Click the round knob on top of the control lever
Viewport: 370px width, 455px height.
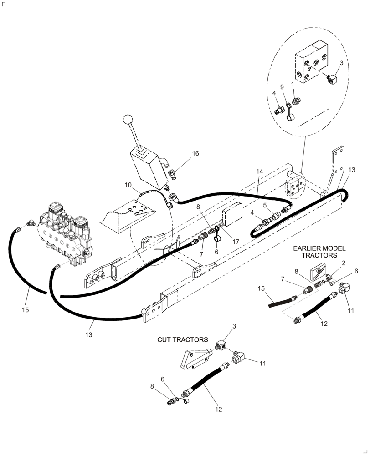127,120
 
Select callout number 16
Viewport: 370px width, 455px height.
195,154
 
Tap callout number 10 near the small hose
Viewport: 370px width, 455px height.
128,185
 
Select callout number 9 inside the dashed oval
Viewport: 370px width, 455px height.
282,86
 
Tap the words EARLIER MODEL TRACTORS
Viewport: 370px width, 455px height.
319,252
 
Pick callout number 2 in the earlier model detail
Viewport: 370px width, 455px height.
343,263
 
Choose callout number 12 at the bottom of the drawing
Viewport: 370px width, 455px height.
218,409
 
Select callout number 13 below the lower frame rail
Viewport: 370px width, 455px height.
88,334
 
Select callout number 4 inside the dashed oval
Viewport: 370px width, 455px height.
274,93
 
